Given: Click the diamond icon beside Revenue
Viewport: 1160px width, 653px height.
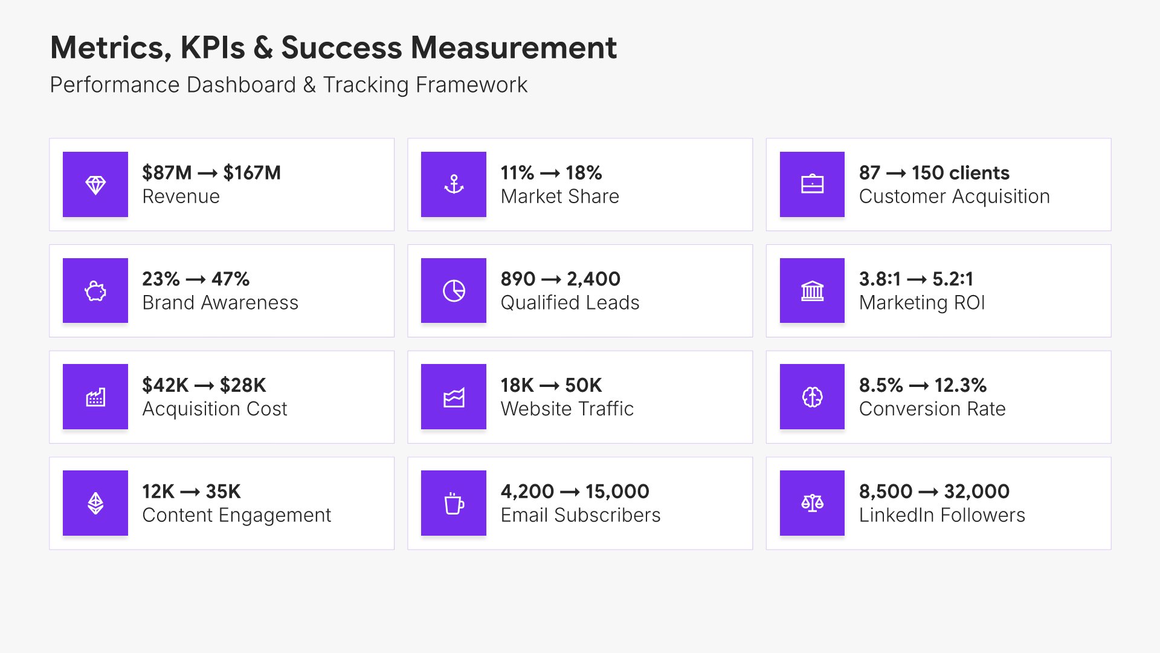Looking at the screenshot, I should pos(95,184).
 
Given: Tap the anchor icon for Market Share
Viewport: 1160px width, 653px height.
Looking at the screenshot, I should pos(454,184).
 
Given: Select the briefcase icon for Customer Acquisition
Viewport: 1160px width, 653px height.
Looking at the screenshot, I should pos(812,184).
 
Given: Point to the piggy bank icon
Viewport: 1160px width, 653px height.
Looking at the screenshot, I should pos(95,291).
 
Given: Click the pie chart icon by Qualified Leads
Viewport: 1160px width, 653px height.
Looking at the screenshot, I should pos(454,291).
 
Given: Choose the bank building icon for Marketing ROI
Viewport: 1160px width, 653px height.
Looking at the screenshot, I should pos(812,291).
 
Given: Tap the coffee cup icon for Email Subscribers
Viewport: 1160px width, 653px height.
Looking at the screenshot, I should pos(454,503).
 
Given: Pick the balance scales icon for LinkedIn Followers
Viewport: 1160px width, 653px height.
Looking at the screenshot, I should pos(812,503).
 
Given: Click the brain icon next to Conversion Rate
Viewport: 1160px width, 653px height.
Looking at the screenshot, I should pos(812,397).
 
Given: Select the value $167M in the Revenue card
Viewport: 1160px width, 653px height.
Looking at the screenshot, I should pos(252,173).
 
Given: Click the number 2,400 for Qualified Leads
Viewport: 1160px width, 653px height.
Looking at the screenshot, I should pos(593,279).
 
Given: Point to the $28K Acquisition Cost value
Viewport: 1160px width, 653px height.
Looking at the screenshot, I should pos(243,385).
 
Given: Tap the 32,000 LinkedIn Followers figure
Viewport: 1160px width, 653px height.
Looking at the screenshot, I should pos(976,492).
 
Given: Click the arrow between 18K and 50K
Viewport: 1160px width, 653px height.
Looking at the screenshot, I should pos(549,386).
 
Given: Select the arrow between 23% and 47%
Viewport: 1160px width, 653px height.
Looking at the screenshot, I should pos(195,280).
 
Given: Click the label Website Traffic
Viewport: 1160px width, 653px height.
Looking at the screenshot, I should pos(567,409).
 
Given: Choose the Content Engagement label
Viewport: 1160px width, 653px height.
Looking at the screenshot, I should pos(236,515).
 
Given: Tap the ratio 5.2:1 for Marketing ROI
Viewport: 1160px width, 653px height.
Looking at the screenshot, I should pos(953,279).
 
